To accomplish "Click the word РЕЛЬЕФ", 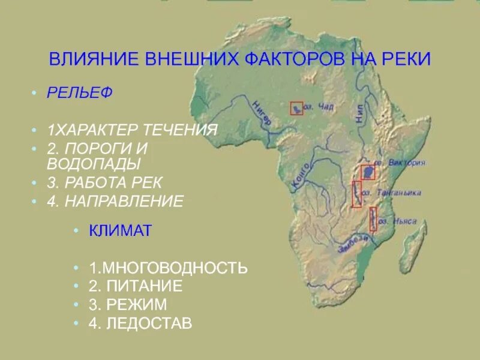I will tap(80, 94).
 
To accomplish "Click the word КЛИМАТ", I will tap(121, 230).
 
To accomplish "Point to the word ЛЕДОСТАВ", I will tap(149, 324).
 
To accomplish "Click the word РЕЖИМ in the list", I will tap(137, 305).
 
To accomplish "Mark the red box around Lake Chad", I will tap(297, 108).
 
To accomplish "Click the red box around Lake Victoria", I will tap(367, 172).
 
